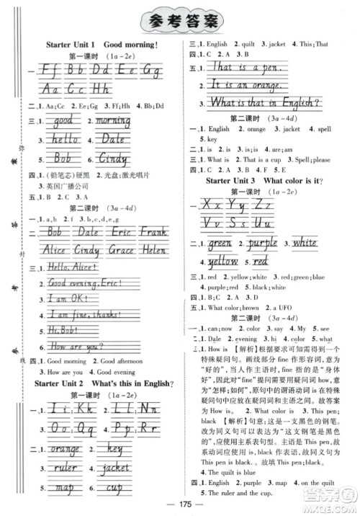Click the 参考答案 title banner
(179, 20)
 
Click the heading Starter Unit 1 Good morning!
(102, 45)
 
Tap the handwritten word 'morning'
(114, 121)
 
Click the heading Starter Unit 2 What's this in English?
(105, 383)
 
